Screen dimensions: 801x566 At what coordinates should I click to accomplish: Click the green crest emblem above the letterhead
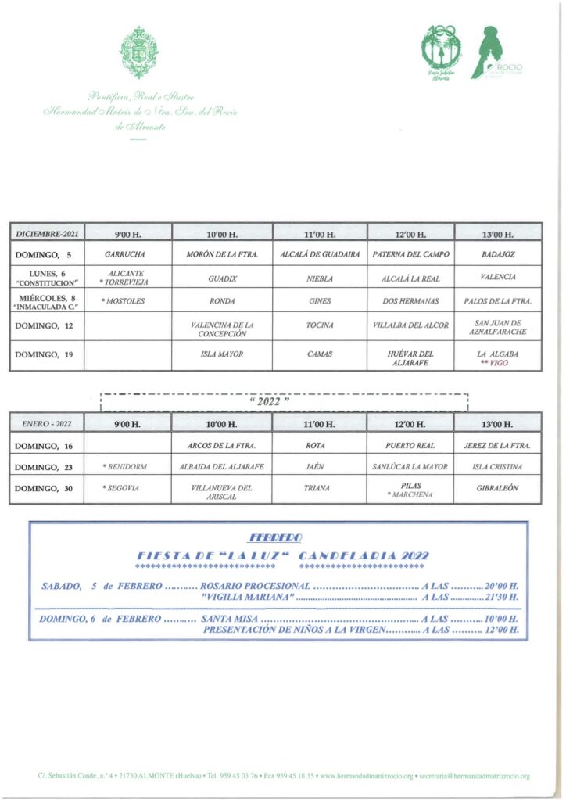(x=140, y=52)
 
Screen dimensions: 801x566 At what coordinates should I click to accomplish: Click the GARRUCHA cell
(x=125, y=255)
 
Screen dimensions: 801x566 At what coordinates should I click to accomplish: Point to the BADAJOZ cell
(x=497, y=255)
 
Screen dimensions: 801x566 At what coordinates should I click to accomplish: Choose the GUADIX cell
(x=222, y=278)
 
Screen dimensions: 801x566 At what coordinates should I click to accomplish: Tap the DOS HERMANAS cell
(x=410, y=300)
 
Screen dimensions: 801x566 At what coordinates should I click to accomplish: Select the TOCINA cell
(x=319, y=325)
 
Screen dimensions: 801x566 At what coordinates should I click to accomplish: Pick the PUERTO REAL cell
(x=410, y=446)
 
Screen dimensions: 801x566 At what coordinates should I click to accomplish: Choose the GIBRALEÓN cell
(x=497, y=488)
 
